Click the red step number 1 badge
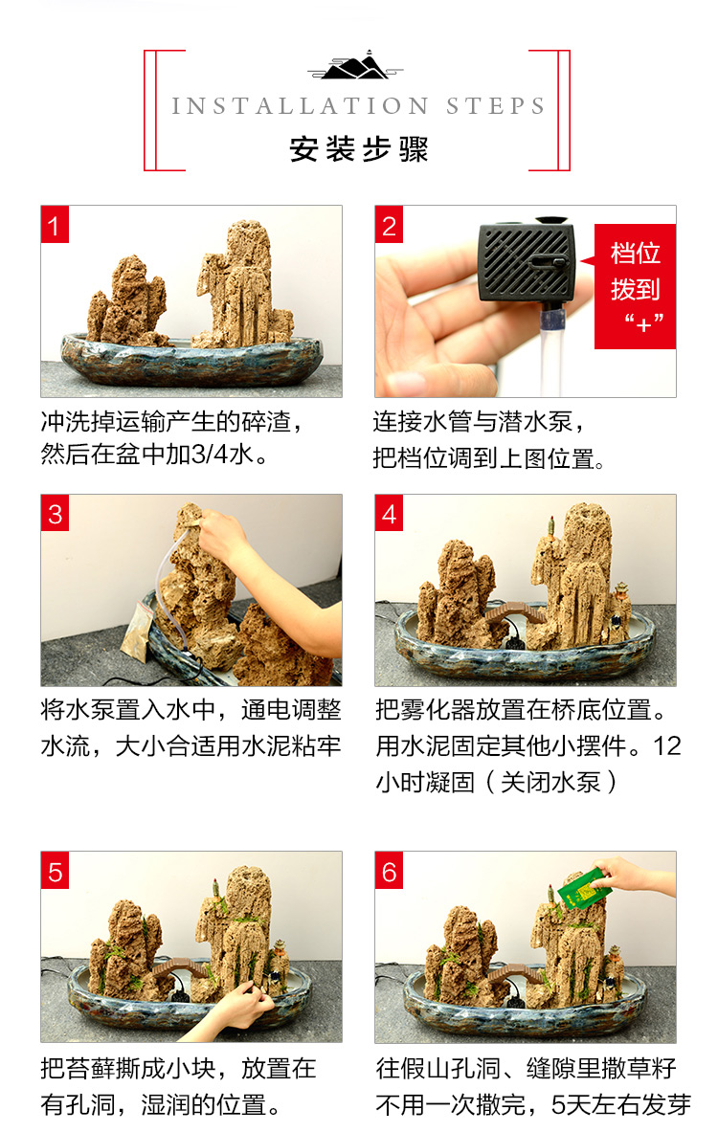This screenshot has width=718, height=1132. (x=55, y=225)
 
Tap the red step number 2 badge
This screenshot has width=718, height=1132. (x=389, y=225)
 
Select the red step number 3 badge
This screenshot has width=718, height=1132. (x=55, y=513)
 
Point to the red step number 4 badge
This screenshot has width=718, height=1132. (x=389, y=513)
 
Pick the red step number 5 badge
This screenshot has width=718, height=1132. (x=55, y=871)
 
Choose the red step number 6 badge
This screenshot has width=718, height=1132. (x=389, y=871)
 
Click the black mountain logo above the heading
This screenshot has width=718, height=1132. (x=355, y=66)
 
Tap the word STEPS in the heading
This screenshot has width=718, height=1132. (x=496, y=106)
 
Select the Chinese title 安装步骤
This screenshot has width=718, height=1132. (x=359, y=148)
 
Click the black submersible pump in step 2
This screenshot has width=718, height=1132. (x=527, y=258)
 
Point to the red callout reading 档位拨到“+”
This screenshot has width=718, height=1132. (x=634, y=286)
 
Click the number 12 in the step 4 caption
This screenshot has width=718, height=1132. (x=666, y=745)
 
